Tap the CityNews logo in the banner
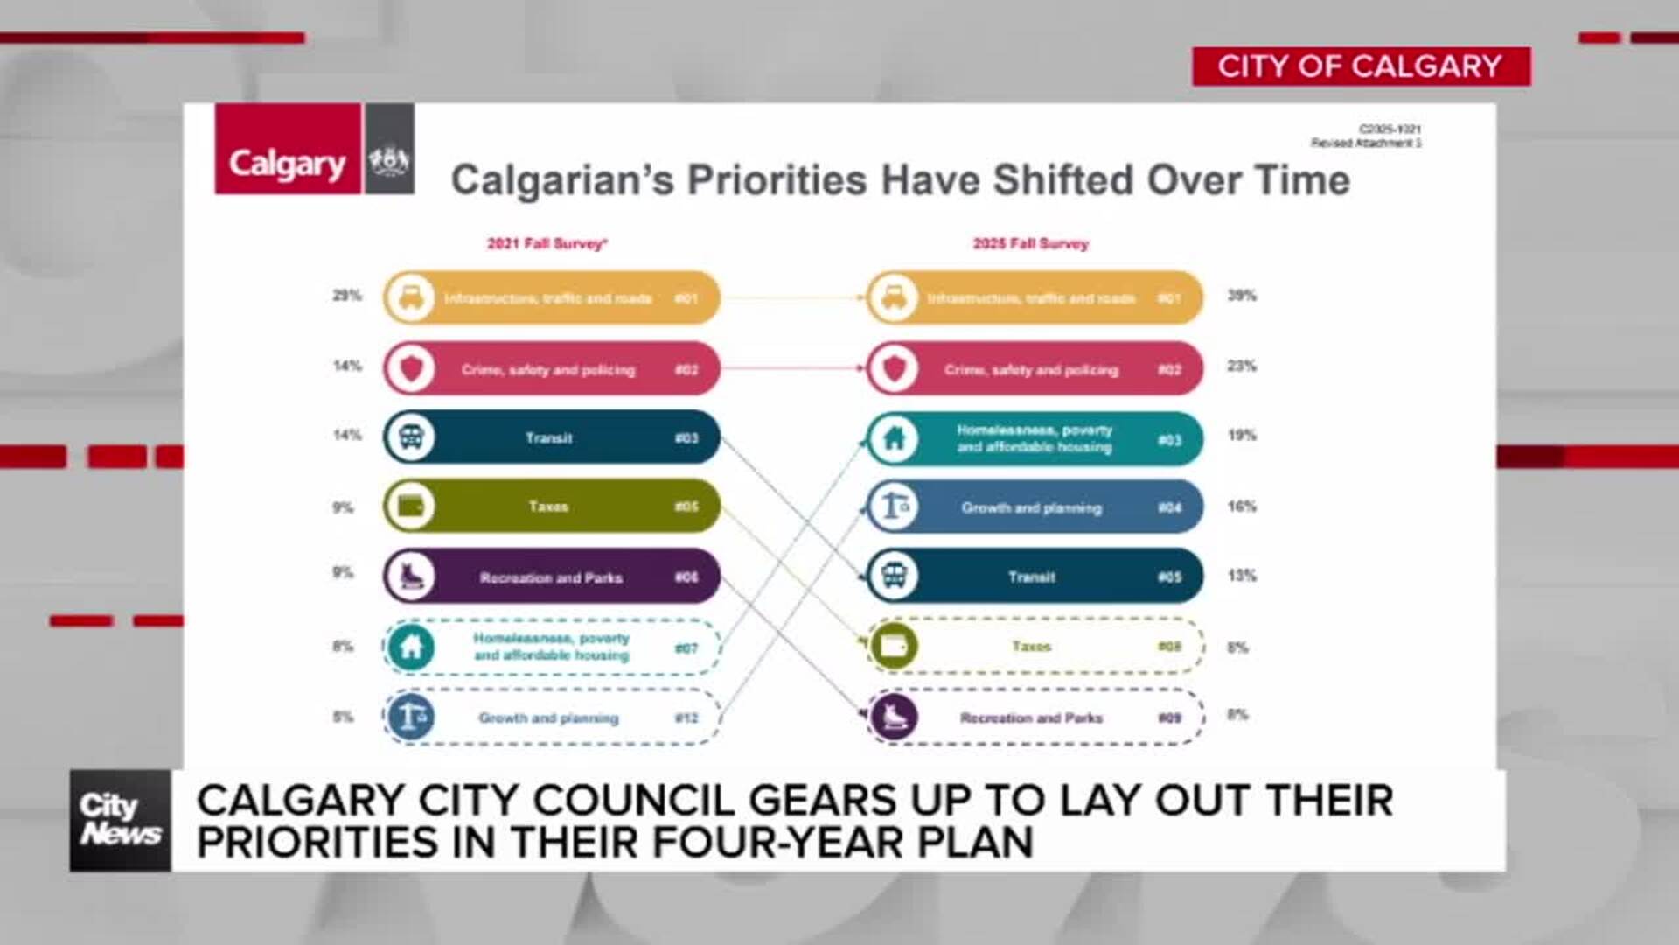(x=120, y=820)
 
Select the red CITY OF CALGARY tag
(x=1361, y=66)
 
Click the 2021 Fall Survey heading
(x=547, y=243)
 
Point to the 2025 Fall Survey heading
(x=1031, y=243)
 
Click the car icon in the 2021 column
(x=410, y=297)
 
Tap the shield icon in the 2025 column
(x=894, y=368)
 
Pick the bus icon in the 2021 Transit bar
(x=410, y=437)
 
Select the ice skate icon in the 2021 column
(x=410, y=577)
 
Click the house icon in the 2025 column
(x=894, y=437)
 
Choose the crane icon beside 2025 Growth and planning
(x=894, y=507)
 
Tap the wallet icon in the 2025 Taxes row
(x=894, y=647)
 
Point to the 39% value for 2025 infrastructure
(x=1242, y=296)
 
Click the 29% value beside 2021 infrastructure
(x=346, y=296)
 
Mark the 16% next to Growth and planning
(x=1242, y=507)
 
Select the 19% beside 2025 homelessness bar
(x=1242, y=435)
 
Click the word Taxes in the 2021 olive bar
(x=548, y=507)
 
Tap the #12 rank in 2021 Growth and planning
(x=686, y=718)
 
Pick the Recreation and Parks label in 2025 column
(x=1032, y=718)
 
